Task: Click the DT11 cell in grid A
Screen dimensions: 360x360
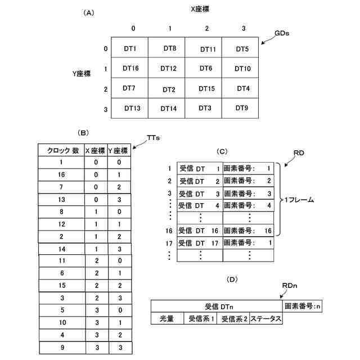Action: (x=208, y=49)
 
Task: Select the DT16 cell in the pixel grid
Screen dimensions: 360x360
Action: (x=130, y=68)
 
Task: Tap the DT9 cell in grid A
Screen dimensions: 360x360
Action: (x=242, y=107)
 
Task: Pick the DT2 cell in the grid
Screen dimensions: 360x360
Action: (x=169, y=89)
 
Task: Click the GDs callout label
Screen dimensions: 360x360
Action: (x=282, y=33)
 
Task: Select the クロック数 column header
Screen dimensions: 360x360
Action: (x=61, y=150)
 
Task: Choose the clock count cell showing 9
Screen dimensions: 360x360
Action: (x=61, y=347)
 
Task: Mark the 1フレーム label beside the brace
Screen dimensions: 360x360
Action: (x=299, y=199)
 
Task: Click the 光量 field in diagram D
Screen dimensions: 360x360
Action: (x=167, y=319)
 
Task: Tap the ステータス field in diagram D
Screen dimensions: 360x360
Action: (x=266, y=319)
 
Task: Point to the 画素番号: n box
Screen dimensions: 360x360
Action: (x=302, y=307)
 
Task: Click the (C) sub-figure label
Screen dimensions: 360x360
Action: (x=222, y=151)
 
